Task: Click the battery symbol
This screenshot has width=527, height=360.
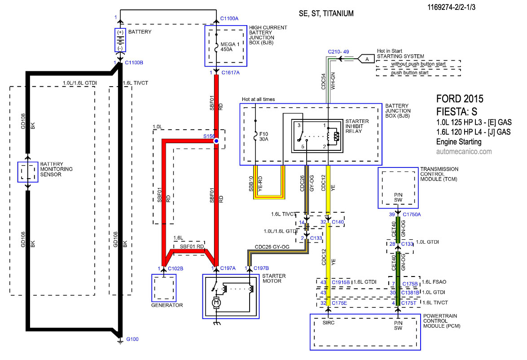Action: click(120, 40)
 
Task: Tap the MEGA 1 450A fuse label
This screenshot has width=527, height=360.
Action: click(230, 47)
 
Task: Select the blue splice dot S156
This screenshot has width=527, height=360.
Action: click(216, 141)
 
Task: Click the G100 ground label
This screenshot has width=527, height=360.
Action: click(132, 339)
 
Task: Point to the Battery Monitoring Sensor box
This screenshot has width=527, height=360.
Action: click(28, 172)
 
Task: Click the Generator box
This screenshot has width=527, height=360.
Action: click(164, 288)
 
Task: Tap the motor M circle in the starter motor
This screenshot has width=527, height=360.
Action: click(216, 303)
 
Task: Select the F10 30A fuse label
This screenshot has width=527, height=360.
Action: click(263, 136)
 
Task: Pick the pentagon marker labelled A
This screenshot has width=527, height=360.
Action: click(366, 59)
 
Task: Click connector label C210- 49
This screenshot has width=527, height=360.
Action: click(338, 52)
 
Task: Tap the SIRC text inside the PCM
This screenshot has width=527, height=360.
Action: click(329, 323)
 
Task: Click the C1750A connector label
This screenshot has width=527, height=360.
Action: click(412, 215)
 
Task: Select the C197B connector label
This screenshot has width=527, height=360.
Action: click(261, 268)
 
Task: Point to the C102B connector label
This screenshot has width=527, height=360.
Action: click(176, 268)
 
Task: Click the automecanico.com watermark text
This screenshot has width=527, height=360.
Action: click(464, 152)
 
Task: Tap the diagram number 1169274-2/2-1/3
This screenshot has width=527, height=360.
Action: click(452, 7)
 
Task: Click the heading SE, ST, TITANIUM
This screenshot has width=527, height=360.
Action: click(326, 13)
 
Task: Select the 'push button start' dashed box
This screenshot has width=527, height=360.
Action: click(418, 73)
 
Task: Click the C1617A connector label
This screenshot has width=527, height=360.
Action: click(231, 73)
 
